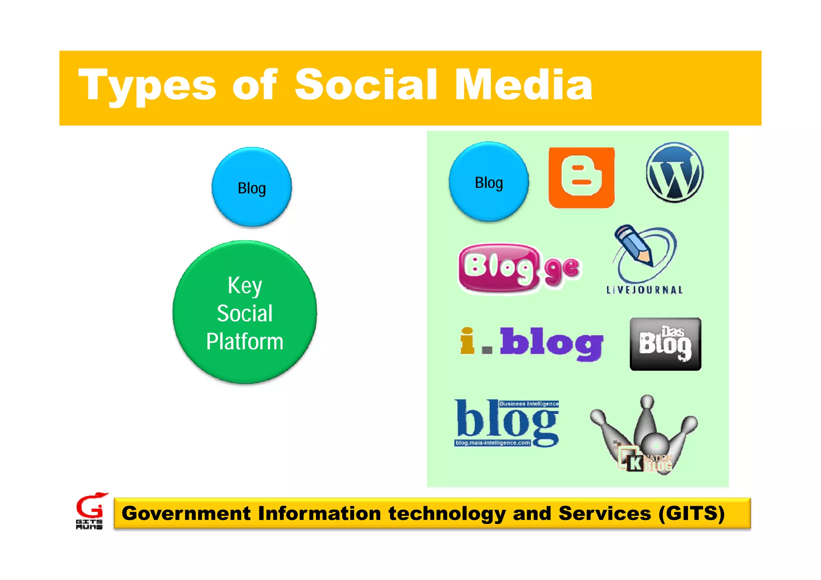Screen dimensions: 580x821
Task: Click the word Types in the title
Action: pos(147,85)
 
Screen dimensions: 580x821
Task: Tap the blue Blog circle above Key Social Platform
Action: pos(252,187)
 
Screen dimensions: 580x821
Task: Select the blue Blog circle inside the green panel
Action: pos(489,182)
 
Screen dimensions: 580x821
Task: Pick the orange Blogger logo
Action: pos(581,177)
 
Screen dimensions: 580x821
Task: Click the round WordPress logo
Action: pos(674,172)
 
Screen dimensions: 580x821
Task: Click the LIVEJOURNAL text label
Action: pos(644,290)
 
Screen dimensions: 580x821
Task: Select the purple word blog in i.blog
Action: pos(551,343)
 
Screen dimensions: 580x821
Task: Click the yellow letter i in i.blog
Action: pos(467,341)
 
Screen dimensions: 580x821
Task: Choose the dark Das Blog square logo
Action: pos(665,344)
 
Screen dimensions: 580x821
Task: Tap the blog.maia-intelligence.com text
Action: pos(493,443)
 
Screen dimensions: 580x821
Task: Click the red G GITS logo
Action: pos(91,507)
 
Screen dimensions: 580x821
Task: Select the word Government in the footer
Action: pos(186,514)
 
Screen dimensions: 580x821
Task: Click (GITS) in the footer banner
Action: pos(692,514)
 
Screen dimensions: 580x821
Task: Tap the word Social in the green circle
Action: pos(245,313)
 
